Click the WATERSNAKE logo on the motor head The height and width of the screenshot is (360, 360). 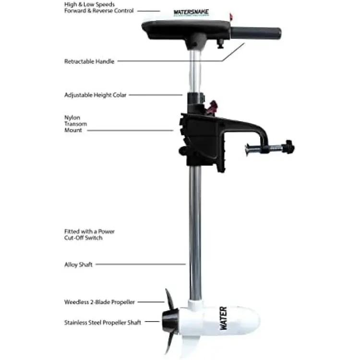click(188, 14)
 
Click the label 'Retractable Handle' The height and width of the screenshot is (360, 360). click(89, 61)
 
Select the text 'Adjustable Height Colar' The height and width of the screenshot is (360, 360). click(95, 95)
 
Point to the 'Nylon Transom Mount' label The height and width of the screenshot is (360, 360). click(73, 123)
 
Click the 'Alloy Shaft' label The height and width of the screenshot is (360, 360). click(78, 264)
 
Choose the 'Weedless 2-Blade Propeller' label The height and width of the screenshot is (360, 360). click(99, 302)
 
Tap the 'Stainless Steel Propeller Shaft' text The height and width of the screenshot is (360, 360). click(103, 323)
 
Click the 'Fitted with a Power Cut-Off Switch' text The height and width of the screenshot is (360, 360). click(89, 234)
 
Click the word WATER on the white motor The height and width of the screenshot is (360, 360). click(223, 318)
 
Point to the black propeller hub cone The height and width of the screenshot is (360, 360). click(169, 321)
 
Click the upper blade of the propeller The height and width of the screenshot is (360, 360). click(168, 300)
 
